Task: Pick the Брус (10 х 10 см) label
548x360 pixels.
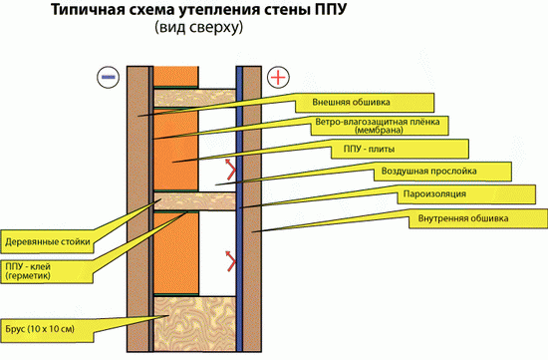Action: pos(46,325)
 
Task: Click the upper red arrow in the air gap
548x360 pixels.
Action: pos(231,171)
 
